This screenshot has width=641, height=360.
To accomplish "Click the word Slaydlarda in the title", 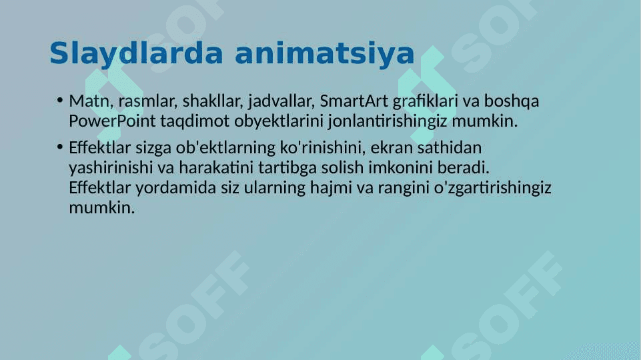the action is (x=137, y=54).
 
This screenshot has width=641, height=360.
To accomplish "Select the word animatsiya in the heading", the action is (x=325, y=54).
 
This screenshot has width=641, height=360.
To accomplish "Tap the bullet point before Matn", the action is (x=60, y=100).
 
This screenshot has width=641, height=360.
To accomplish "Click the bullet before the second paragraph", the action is (x=60, y=147).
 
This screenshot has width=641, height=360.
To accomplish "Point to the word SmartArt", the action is (x=354, y=101).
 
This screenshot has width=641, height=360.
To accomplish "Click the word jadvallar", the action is (x=281, y=101).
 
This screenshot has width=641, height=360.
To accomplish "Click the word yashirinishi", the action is (x=111, y=168).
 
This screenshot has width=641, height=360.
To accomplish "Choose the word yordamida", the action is (x=176, y=188).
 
